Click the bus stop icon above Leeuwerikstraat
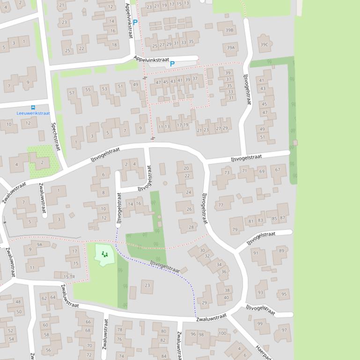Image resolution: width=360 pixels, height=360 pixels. click(x=33, y=108)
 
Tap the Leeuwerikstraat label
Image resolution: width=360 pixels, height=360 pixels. click(x=33, y=113)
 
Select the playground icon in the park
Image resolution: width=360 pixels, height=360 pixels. click(x=104, y=254)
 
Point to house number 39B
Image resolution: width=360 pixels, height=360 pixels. click(x=229, y=30)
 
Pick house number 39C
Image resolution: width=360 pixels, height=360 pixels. click(x=264, y=45)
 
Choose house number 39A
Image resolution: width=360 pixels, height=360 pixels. click(x=230, y=48)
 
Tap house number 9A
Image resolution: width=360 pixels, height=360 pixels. click(x=40, y=244)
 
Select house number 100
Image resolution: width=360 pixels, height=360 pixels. click(x=222, y=333)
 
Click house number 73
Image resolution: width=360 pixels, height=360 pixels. click(x=227, y=173)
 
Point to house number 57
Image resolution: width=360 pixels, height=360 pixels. click(x=72, y=93)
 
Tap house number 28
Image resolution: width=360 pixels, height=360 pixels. click(x=191, y=227)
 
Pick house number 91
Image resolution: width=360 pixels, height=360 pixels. click(x=256, y=253)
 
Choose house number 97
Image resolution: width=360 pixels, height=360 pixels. click(x=284, y=330)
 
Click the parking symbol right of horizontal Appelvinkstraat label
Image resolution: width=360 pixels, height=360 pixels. click(x=172, y=64)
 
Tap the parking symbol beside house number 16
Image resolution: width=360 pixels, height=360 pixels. click(x=135, y=22)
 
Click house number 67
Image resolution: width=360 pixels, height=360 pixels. click(x=278, y=169)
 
